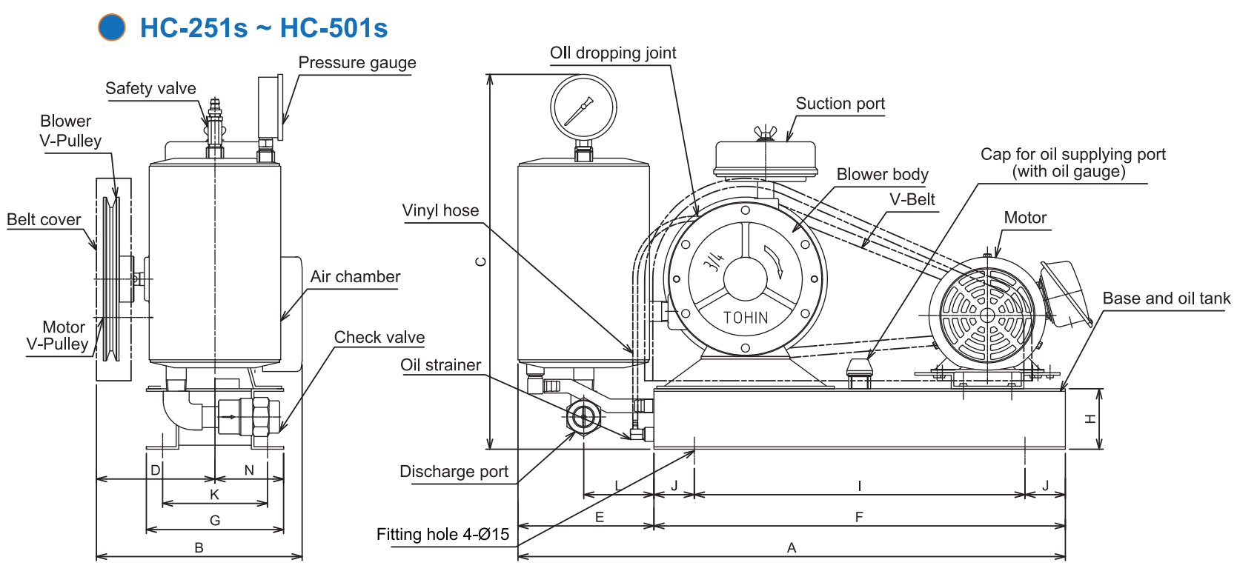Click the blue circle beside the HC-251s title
click(112, 27)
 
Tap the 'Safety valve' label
click(150, 88)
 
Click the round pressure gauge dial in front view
click(583, 107)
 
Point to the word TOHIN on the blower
click(746, 318)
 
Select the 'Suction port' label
click(840, 104)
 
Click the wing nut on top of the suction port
click(764, 133)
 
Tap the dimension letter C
click(481, 261)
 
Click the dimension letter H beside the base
click(1090, 418)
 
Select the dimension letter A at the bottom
click(792, 547)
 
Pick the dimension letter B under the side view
click(199, 547)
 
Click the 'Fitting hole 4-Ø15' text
click(442, 534)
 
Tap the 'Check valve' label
click(379, 337)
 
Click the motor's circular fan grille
click(986, 315)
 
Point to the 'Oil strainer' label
click(440, 364)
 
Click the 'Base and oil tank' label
click(1166, 298)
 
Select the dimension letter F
click(859, 517)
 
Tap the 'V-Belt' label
click(912, 199)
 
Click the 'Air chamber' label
click(355, 276)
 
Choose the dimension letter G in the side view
click(215, 520)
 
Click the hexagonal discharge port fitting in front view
click(583, 416)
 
